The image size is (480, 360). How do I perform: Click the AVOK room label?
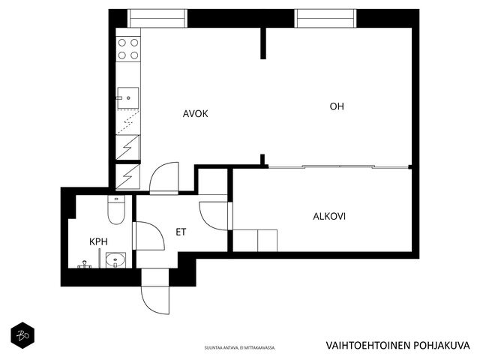coord(195,114)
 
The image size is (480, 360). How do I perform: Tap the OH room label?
coord(337,106)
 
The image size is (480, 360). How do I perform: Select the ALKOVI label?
coord(329,217)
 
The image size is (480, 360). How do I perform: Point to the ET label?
coord(181,232)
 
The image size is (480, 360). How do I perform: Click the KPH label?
coord(98,241)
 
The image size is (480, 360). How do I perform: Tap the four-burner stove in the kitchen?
coord(128,49)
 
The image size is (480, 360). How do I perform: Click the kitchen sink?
coord(128,97)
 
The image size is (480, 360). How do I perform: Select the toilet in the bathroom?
coord(116,210)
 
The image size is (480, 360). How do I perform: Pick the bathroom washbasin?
coord(115,260)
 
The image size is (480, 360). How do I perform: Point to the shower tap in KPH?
coord(85,265)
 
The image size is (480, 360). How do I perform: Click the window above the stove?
coord(157,18)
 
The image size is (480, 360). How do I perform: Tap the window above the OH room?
coord(325,18)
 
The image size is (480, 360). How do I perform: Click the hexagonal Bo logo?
coord(22,335)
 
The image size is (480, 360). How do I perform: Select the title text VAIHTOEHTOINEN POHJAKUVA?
coord(397,345)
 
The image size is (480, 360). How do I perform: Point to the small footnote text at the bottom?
coord(240,348)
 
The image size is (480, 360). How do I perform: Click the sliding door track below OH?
coord(338,166)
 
